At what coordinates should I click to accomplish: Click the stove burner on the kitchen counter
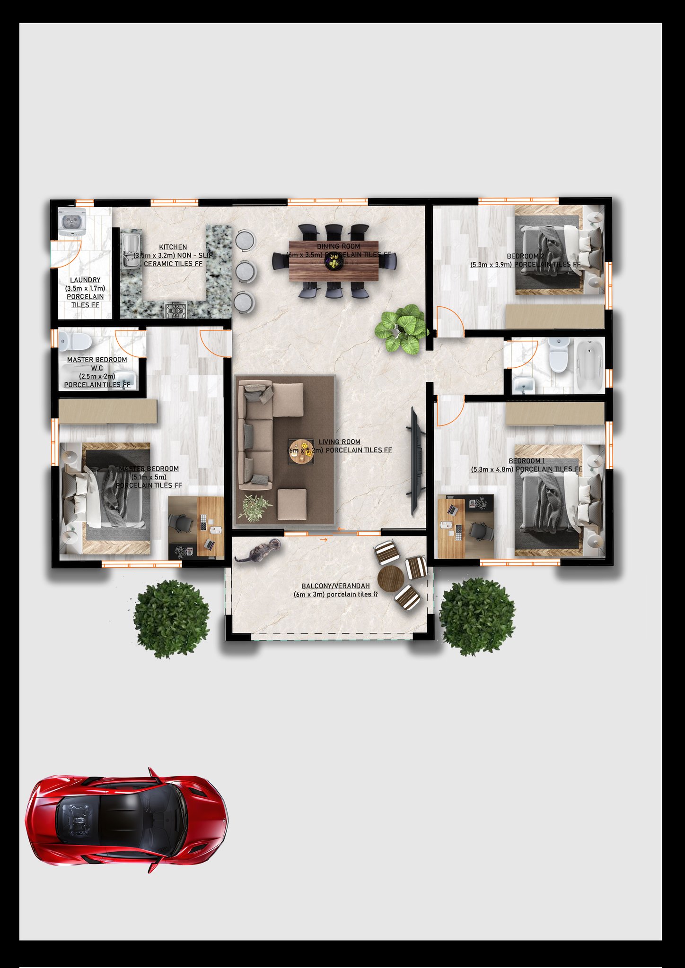point(176,310)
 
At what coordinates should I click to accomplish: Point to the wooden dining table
point(334,261)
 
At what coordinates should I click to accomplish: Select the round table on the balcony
point(390,577)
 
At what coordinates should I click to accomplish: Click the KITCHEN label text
point(173,247)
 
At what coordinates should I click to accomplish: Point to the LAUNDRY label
point(85,280)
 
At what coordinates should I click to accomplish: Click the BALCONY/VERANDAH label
point(335,586)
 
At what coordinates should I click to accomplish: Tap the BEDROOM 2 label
point(525,257)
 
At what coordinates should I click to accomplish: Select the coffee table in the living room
point(301,452)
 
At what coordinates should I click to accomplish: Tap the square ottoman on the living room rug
point(292,505)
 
